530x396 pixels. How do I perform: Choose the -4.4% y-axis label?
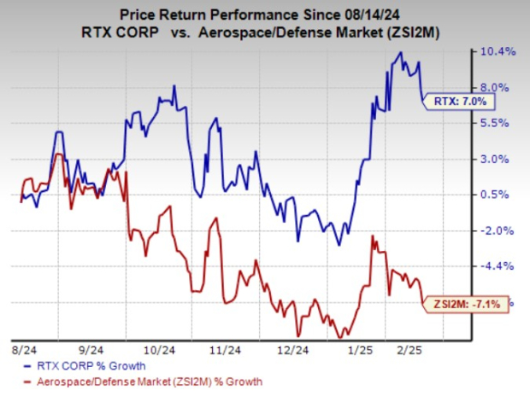(498, 266)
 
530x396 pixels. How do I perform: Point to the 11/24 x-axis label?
(227, 350)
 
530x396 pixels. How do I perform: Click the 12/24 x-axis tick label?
(294, 350)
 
